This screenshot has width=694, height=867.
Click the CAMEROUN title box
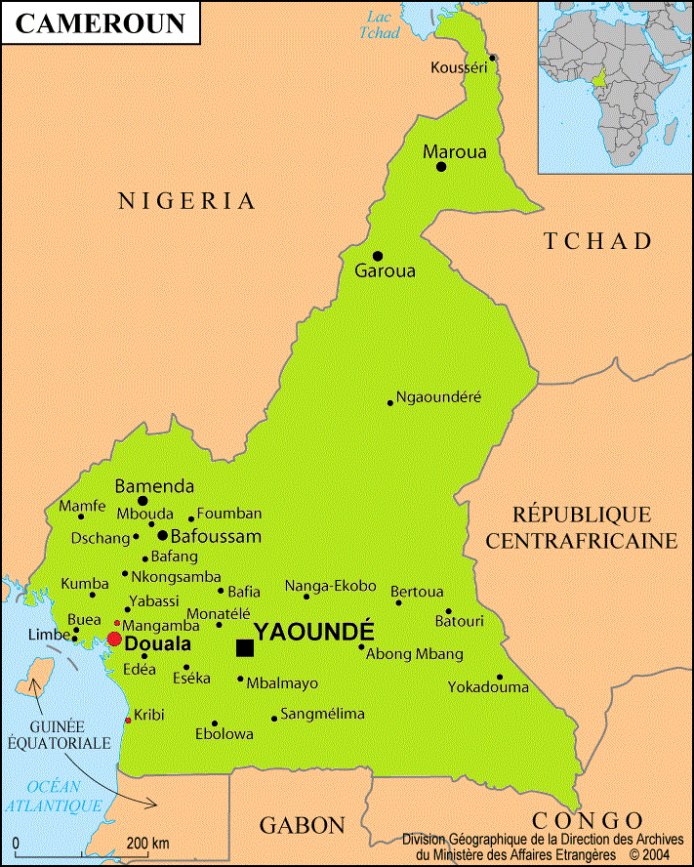point(101,23)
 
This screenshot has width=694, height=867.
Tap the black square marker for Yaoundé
point(245,648)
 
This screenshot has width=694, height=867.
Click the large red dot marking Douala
point(114,640)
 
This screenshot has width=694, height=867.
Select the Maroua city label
point(454,152)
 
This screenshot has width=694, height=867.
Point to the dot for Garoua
point(378,256)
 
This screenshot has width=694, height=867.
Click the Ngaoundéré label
point(439,397)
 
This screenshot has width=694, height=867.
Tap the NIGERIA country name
point(186,201)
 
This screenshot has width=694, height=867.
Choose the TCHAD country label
point(597,241)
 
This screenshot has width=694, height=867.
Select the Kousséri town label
point(458,67)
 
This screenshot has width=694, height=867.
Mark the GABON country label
point(302,825)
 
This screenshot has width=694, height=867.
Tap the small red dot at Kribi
point(128,721)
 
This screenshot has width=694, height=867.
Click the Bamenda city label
point(154,486)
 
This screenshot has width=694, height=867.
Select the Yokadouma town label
point(488,687)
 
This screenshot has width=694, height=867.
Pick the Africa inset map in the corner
point(615,87)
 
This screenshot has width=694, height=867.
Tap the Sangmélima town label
point(322,714)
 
